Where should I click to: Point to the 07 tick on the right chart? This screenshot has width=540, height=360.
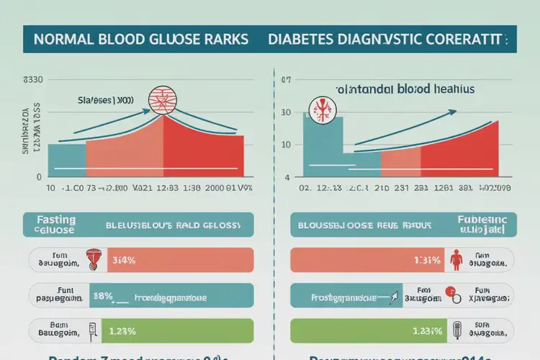(x=285, y=80)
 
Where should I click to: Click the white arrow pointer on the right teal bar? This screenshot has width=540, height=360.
(x=396, y=294)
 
